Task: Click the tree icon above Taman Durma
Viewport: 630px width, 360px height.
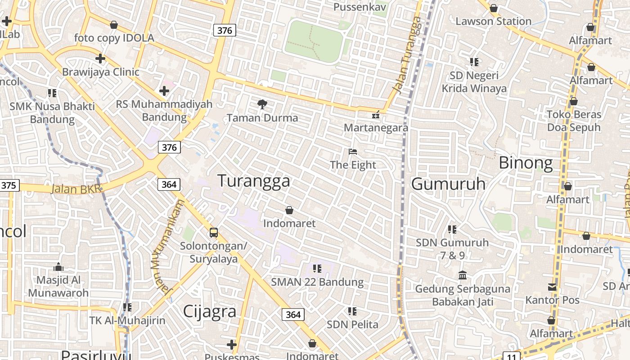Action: click(262, 105)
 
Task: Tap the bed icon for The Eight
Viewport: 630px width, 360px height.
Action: click(353, 152)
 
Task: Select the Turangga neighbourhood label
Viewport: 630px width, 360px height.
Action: click(254, 181)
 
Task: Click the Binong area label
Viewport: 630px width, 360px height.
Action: click(526, 163)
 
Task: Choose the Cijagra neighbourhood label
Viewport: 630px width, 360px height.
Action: click(210, 311)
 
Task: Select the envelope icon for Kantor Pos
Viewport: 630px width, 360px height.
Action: click(552, 287)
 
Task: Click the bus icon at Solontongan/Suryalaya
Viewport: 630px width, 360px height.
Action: click(214, 233)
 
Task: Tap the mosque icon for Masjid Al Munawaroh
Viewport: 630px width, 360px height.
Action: click(58, 267)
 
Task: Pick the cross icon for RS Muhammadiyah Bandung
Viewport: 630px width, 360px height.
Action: click(164, 91)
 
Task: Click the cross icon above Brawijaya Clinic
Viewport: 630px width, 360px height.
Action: click(100, 58)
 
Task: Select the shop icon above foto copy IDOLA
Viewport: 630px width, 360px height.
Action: click(114, 25)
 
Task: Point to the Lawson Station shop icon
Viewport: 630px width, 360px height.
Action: click(494, 9)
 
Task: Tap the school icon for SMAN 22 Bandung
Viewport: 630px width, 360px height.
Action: click(317, 269)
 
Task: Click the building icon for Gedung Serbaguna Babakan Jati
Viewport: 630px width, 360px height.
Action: click(462, 275)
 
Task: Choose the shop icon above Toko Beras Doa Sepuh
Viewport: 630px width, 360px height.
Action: click(574, 101)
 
